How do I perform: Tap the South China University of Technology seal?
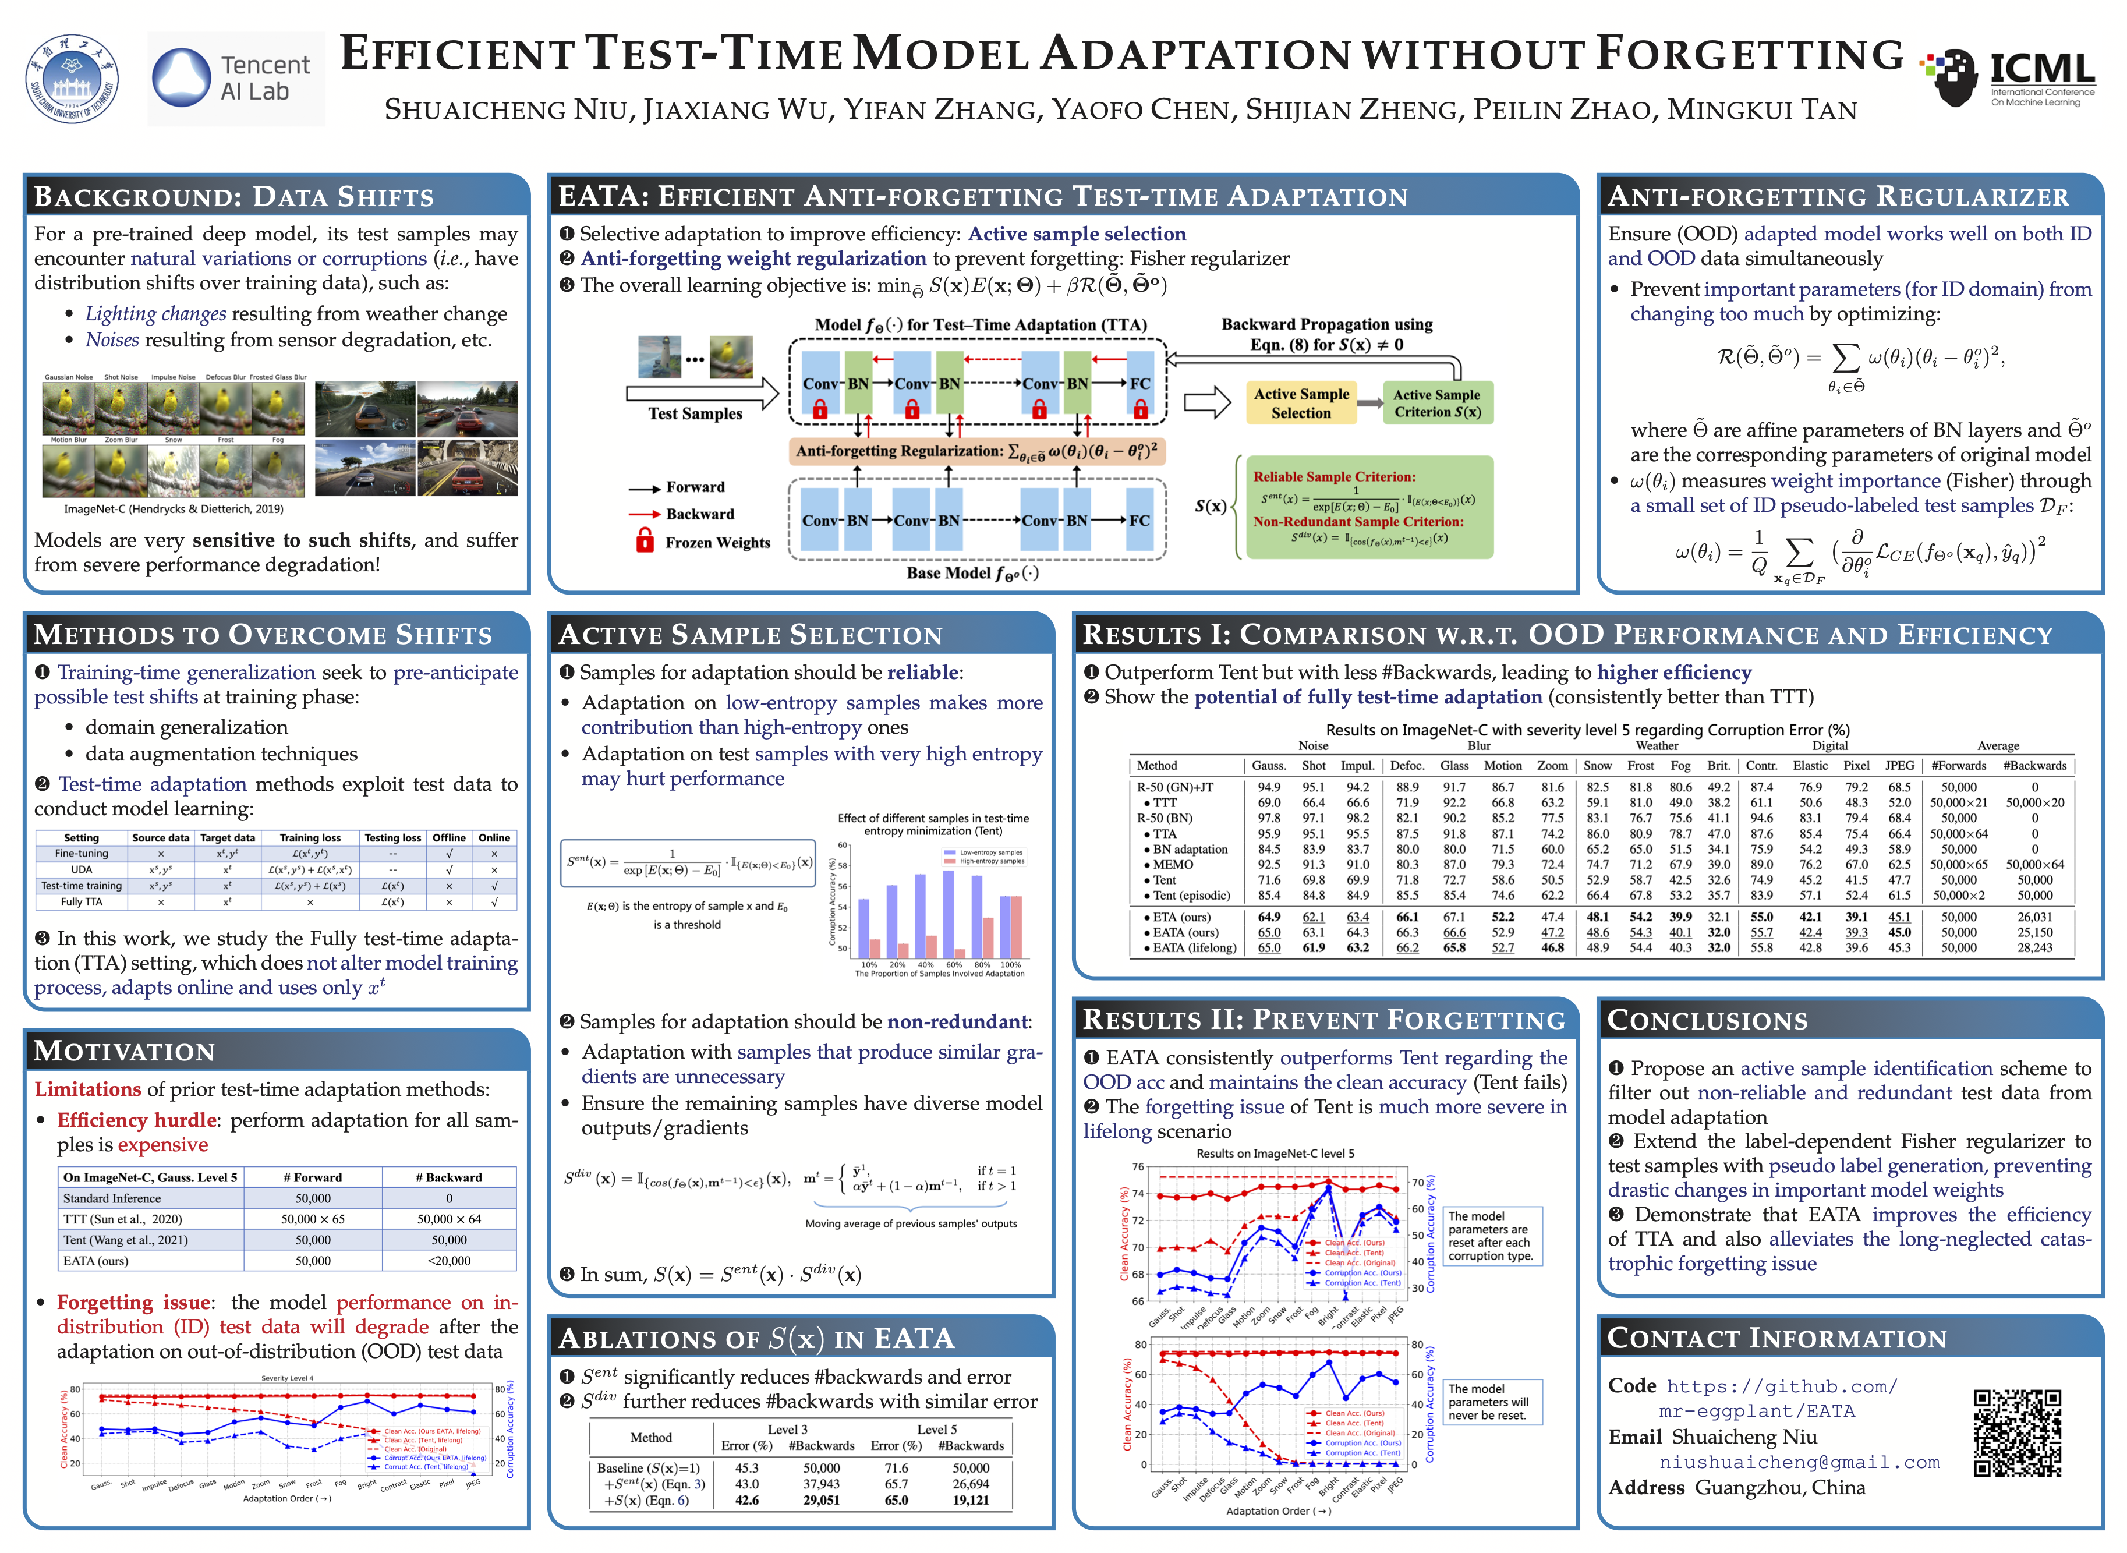click(72, 79)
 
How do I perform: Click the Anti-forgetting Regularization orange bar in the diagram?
click(976, 451)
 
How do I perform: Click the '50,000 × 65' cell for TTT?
click(313, 1219)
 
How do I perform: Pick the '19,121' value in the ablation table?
click(971, 1501)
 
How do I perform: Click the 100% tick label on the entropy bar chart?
click(1010, 964)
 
